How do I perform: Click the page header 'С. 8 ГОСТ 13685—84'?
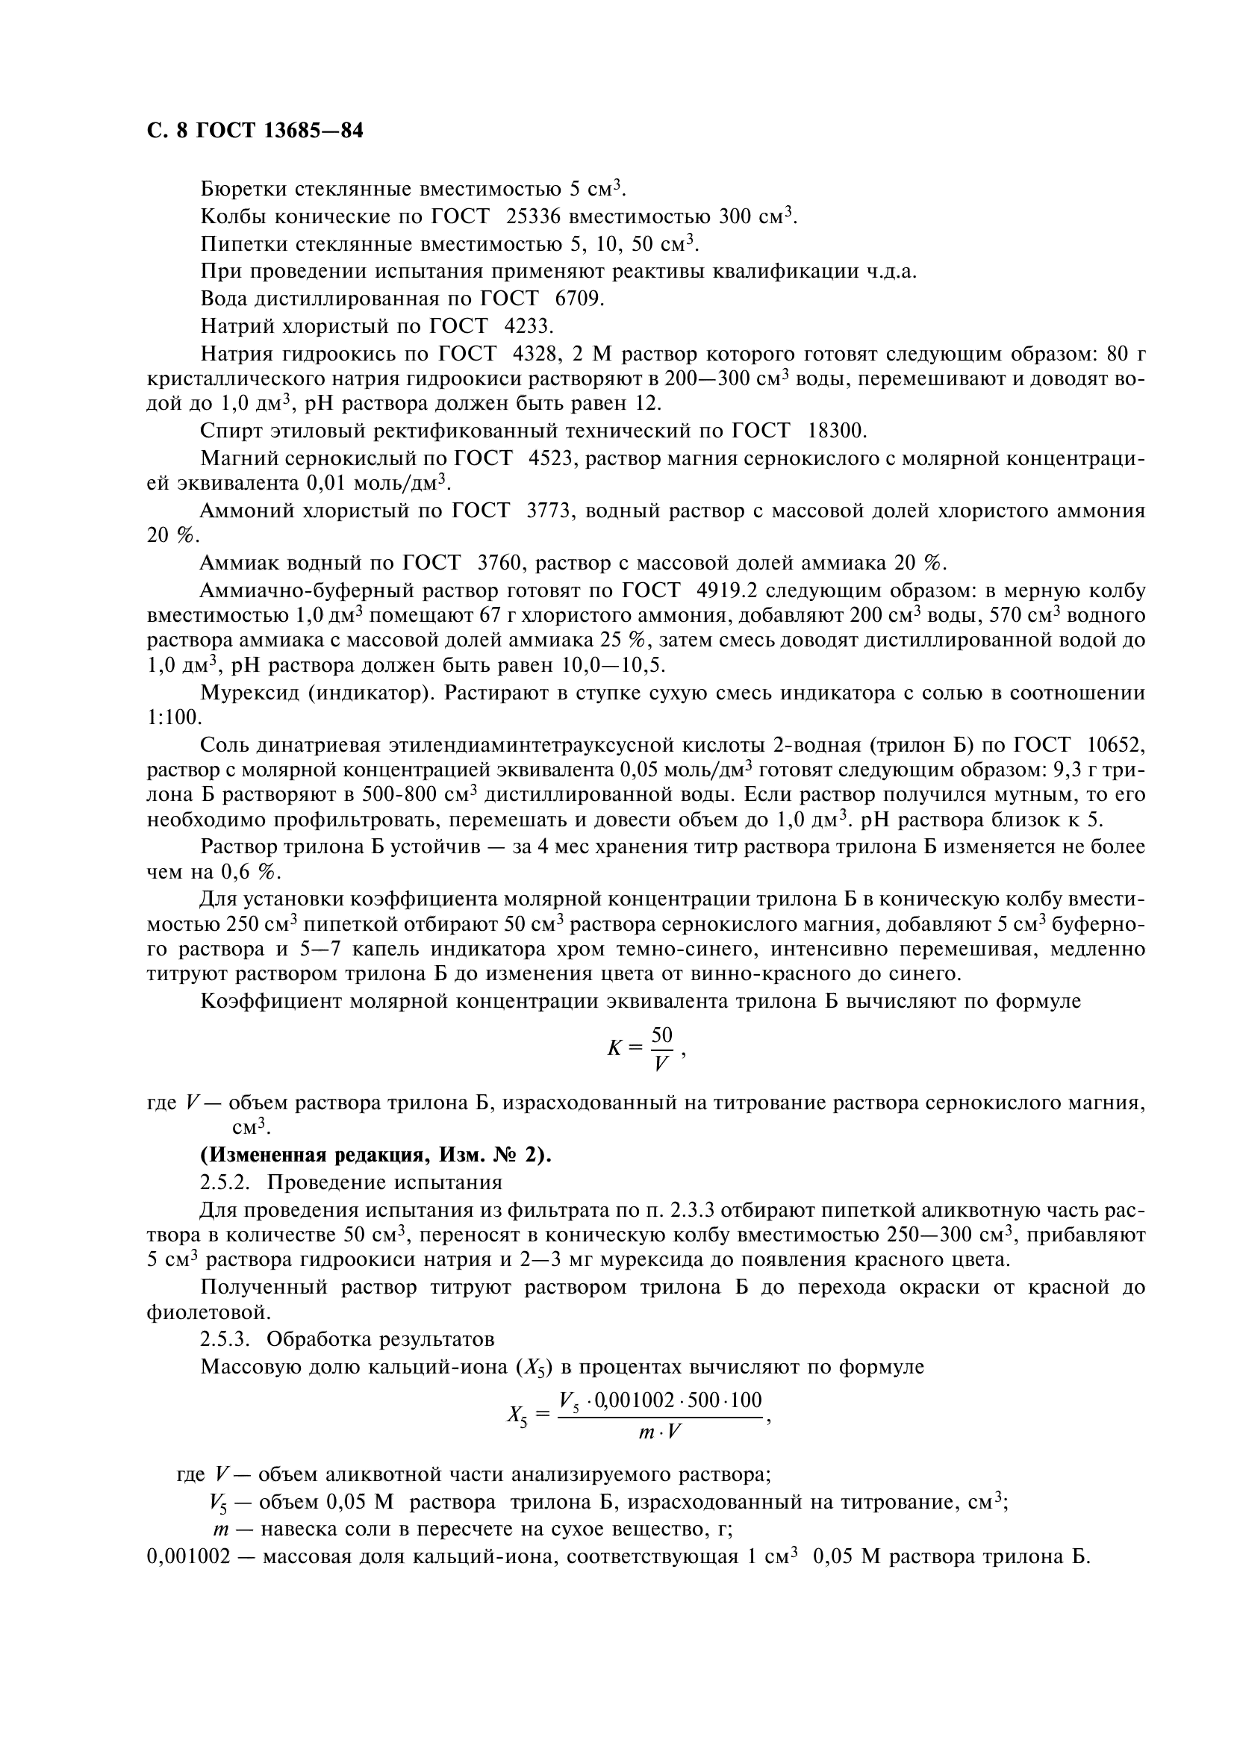[x=255, y=131]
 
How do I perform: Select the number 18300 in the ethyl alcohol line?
[x=836, y=431]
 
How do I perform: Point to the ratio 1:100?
[x=174, y=717]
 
